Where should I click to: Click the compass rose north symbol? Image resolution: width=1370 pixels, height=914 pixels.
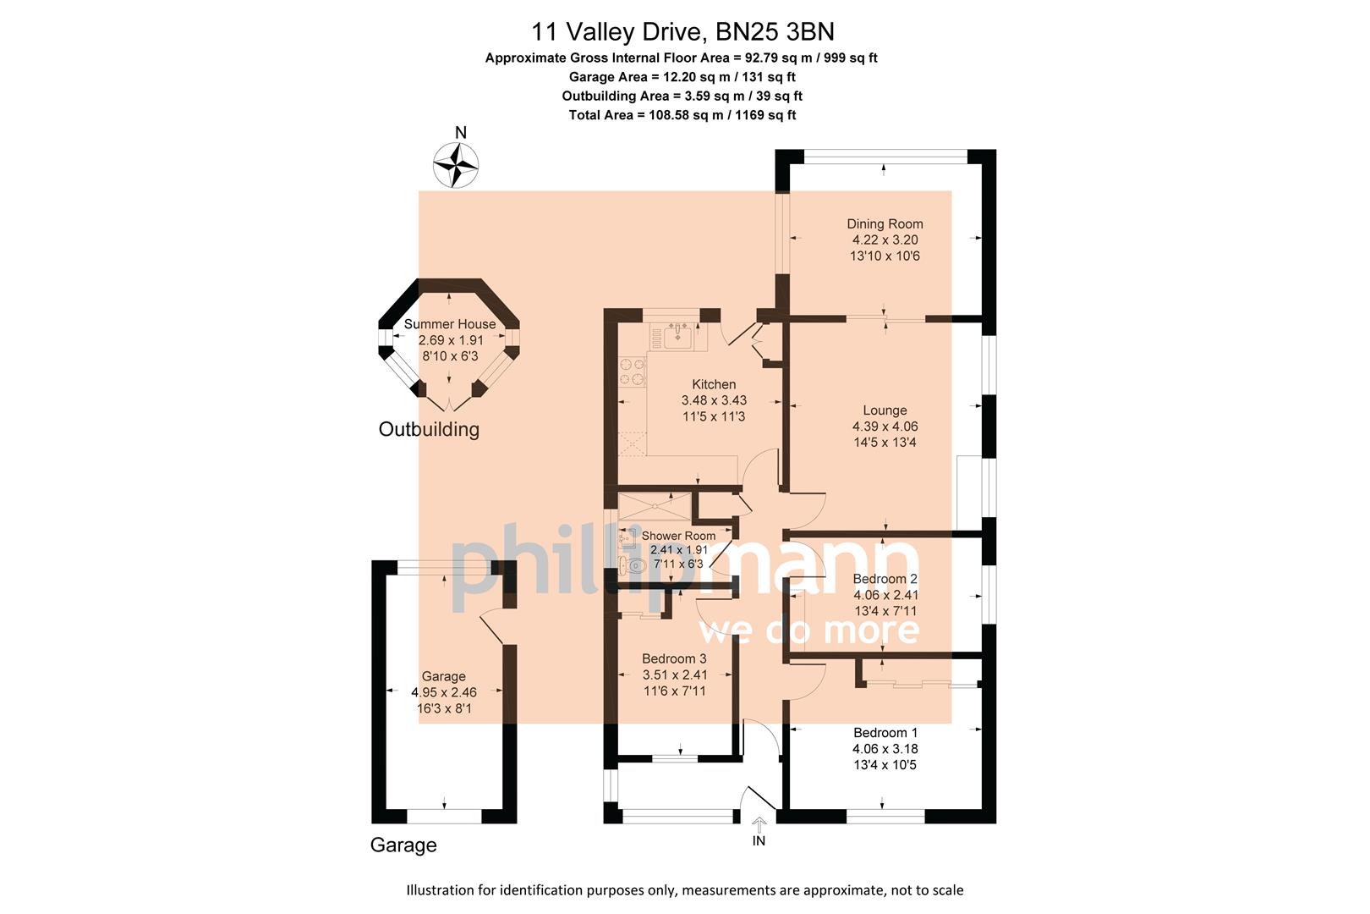456,163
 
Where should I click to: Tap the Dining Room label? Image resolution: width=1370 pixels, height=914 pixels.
885,224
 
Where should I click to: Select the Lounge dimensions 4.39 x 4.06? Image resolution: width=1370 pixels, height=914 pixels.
885,427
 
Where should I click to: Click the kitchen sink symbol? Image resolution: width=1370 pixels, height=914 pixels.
678,336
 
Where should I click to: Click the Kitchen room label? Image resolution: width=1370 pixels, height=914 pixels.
714,384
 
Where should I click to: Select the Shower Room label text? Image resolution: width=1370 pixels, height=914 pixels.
678,536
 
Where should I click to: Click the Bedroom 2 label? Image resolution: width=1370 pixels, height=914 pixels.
885,579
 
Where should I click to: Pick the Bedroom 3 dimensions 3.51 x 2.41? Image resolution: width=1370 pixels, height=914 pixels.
674,674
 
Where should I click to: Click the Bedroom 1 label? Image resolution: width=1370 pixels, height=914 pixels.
885,733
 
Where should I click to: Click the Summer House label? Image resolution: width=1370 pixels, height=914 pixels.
450,324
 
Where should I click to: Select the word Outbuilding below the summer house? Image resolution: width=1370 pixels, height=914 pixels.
429,429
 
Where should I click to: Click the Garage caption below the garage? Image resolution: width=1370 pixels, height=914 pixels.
403,845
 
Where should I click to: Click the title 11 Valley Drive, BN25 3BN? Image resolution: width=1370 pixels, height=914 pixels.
682,32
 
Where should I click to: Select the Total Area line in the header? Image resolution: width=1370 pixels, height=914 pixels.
682,115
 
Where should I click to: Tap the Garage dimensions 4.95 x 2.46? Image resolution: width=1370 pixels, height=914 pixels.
444,692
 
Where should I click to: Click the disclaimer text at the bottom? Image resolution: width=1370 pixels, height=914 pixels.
684,890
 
